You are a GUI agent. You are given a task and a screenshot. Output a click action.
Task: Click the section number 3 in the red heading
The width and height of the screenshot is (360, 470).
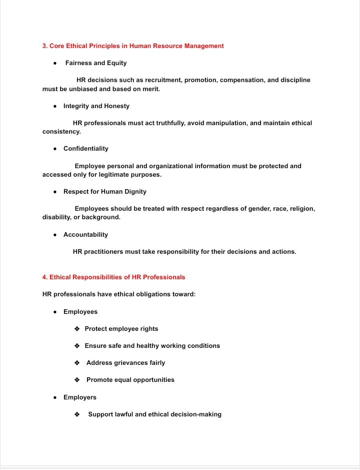(44, 46)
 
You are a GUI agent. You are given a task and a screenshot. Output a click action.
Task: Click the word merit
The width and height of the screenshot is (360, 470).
(151, 89)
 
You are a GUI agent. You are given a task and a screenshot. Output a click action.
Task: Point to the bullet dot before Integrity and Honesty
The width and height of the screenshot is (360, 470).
(55, 106)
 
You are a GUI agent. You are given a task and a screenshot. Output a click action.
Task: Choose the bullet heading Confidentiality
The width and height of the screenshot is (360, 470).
(85, 149)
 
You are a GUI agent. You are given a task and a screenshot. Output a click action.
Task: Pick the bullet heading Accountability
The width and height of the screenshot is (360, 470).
(85, 235)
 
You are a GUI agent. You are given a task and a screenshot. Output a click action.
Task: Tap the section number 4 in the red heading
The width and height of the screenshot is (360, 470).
(44, 277)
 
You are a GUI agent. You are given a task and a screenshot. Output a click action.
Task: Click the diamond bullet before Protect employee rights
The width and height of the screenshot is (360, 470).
(77, 329)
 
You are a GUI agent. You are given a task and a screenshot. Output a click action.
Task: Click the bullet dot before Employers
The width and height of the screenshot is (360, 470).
(55, 397)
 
